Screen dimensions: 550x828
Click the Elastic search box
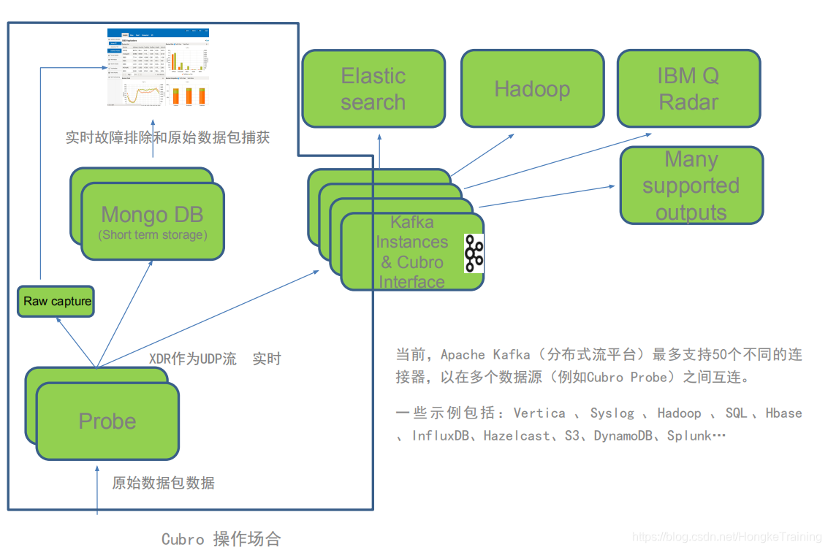[373, 88]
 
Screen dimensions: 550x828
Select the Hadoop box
[532, 88]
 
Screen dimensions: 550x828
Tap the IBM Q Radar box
[688, 88]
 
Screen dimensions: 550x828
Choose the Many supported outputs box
[691, 186]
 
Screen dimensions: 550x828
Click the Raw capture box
[57, 301]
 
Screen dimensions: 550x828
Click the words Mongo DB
[152, 214]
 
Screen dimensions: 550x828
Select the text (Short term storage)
[152, 234]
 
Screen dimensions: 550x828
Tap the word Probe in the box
[107, 421]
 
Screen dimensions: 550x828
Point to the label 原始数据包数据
[163, 483]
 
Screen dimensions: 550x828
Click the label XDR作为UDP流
[193, 359]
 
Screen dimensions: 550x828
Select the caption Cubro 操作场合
[221, 539]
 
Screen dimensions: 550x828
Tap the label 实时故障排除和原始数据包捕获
[167, 137]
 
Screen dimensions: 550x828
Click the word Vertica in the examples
[539, 413]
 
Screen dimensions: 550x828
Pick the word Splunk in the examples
[689, 436]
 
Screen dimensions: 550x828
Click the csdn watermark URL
[727, 538]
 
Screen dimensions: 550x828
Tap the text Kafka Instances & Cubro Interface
[411, 252]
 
